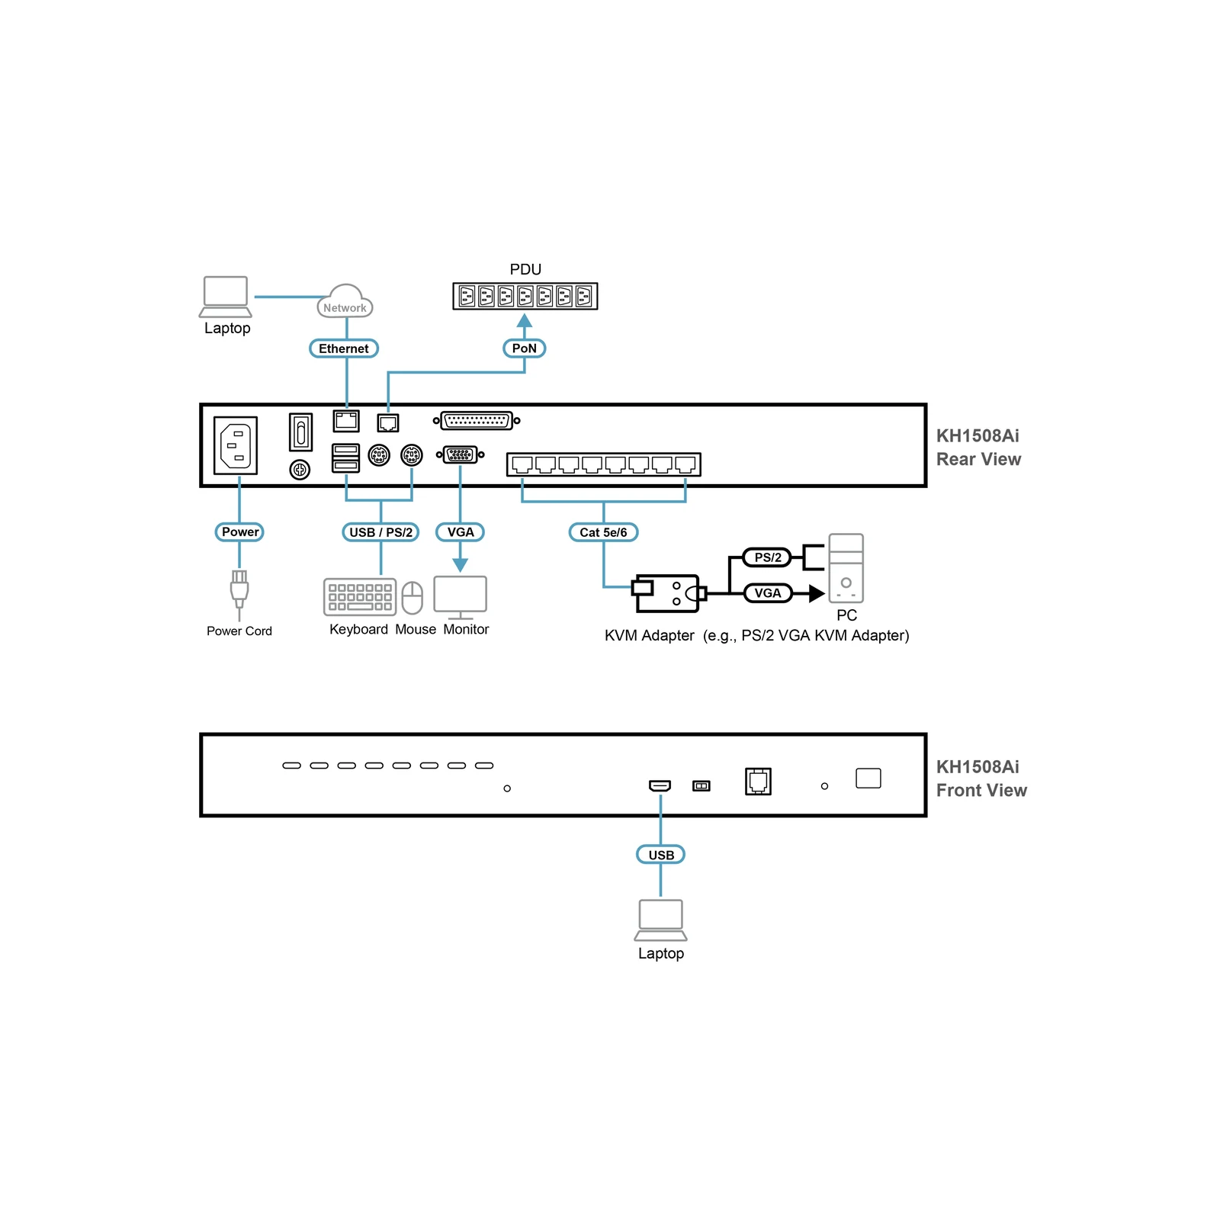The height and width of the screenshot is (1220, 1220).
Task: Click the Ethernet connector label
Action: pyautogui.click(x=344, y=348)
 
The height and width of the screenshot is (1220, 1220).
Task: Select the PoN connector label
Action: pyautogui.click(x=525, y=348)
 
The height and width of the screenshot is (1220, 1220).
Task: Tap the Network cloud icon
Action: pyautogui.click(x=345, y=301)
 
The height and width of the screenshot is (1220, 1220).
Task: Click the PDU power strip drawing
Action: pyautogui.click(x=525, y=296)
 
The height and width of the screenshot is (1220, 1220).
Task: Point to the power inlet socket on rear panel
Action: pyautogui.click(x=236, y=445)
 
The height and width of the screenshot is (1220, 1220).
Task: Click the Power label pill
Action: pyautogui.click(x=239, y=532)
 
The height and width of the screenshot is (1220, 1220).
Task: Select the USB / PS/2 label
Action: pyautogui.click(x=380, y=532)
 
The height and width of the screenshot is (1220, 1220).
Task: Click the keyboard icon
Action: pyautogui.click(x=360, y=597)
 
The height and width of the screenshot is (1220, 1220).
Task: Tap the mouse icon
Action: pyautogui.click(x=412, y=598)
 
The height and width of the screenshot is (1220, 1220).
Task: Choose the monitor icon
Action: pyautogui.click(x=461, y=598)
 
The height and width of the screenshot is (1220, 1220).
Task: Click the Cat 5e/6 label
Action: pyautogui.click(x=603, y=532)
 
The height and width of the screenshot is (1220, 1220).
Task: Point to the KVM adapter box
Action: pyautogui.click(x=667, y=593)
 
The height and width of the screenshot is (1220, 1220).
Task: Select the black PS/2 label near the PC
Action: pyautogui.click(x=767, y=557)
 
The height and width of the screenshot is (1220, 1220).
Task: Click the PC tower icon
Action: pyautogui.click(x=846, y=568)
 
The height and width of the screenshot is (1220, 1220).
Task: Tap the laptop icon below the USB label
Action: pyautogui.click(x=660, y=920)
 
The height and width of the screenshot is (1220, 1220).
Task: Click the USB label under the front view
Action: pyautogui.click(x=661, y=855)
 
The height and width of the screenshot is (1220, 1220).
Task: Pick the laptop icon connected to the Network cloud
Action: pyautogui.click(x=226, y=297)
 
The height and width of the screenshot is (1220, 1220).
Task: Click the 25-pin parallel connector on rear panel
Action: pyautogui.click(x=477, y=420)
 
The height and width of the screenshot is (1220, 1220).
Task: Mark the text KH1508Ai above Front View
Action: pyautogui.click(x=978, y=767)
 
